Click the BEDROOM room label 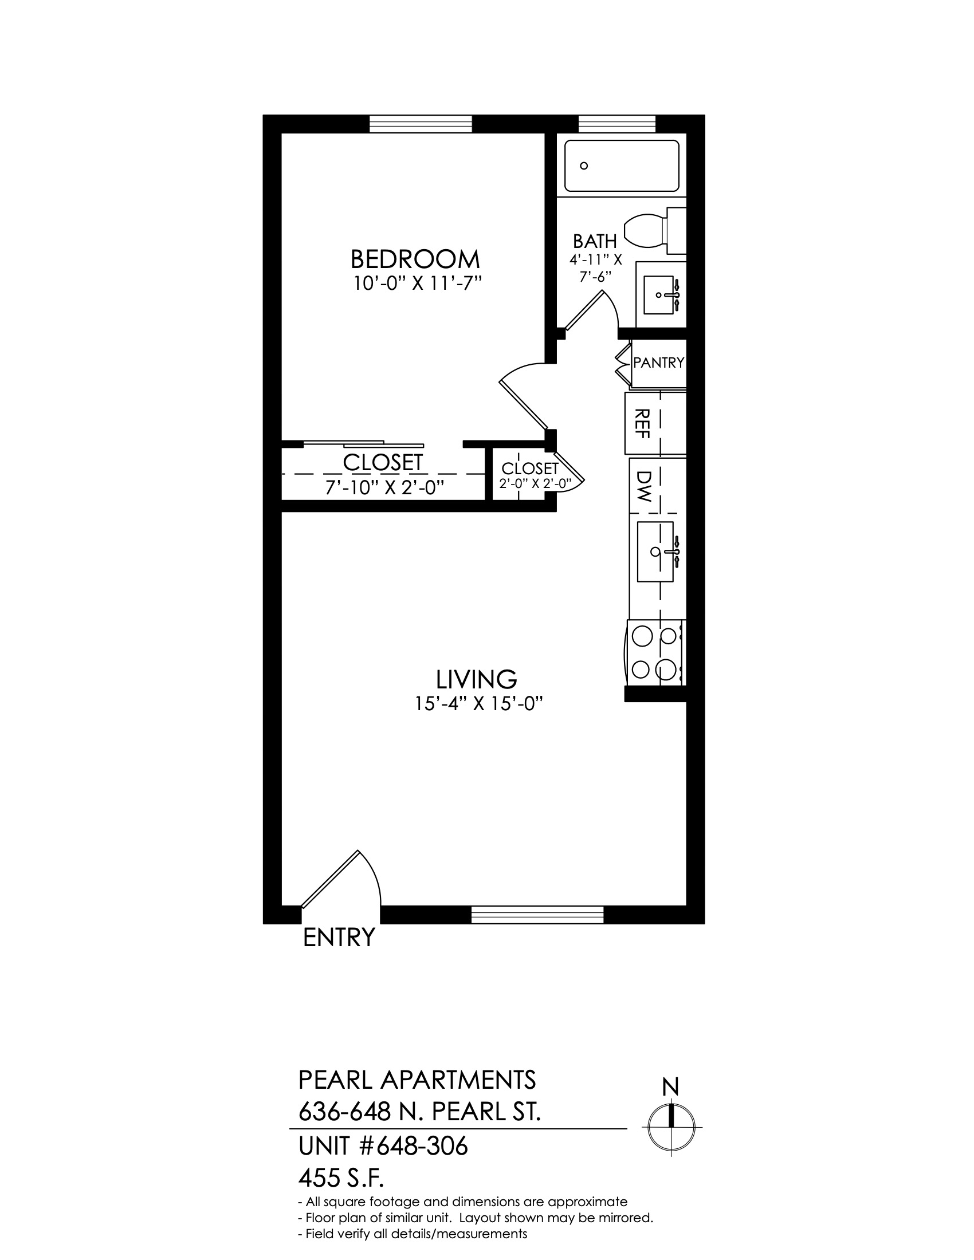(x=415, y=259)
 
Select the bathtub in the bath (x=622, y=166)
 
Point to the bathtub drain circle (x=584, y=166)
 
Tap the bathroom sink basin (x=658, y=295)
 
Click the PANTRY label (x=658, y=363)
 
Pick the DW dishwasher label (x=643, y=486)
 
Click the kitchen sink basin (x=655, y=552)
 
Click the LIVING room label (x=476, y=680)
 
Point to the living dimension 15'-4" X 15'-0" (x=480, y=704)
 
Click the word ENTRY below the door (x=339, y=938)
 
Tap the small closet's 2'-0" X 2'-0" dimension (x=535, y=483)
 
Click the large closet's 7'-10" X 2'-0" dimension (x=385, y=488)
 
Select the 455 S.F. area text (x=341, y=1179)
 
